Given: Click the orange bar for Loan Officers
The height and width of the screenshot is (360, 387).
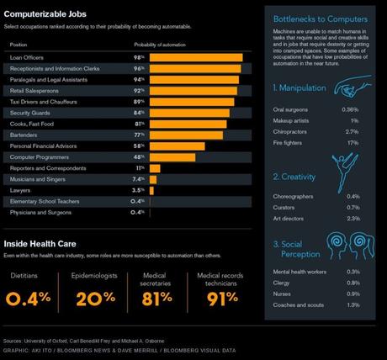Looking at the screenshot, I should click(x=196, y=57).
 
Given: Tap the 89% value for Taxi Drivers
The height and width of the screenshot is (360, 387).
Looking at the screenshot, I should click(x=139, y=101).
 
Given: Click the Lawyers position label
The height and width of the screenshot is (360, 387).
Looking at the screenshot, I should click(x=20, y=190).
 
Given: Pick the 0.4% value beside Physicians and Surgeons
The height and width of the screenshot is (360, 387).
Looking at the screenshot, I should click(x=137, y=212).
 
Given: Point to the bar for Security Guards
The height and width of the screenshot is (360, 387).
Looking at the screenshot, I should click(x=189, y=113).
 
